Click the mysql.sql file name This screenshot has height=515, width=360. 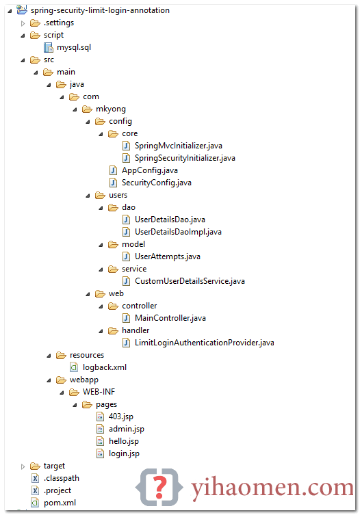point(74,47)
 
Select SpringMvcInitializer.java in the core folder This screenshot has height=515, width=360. point(178,146)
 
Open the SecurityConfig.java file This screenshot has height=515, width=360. point(157,183)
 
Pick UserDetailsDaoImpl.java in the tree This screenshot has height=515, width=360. point(178,232)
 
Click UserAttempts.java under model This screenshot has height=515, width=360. point(168,256)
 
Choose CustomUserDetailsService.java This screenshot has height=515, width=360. point(190,281)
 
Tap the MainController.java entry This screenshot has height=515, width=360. point(170,318)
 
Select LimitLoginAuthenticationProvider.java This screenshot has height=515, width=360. point(204,343)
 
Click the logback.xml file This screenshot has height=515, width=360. point(105,367)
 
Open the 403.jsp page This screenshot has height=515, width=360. point(121,417)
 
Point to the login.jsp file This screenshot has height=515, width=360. point(124,453)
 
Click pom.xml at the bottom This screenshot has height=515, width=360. point(60,503)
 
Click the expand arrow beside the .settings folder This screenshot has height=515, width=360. point(23,23)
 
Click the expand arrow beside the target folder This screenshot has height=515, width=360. point(23,466)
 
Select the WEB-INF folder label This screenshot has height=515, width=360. point(99,392)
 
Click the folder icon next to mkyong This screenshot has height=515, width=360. point(87,109)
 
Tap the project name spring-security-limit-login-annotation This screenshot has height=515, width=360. point(100,10)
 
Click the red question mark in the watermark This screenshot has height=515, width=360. point(159,487)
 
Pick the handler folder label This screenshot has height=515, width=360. point(136,330)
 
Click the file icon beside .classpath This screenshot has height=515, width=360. point(35,478)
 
